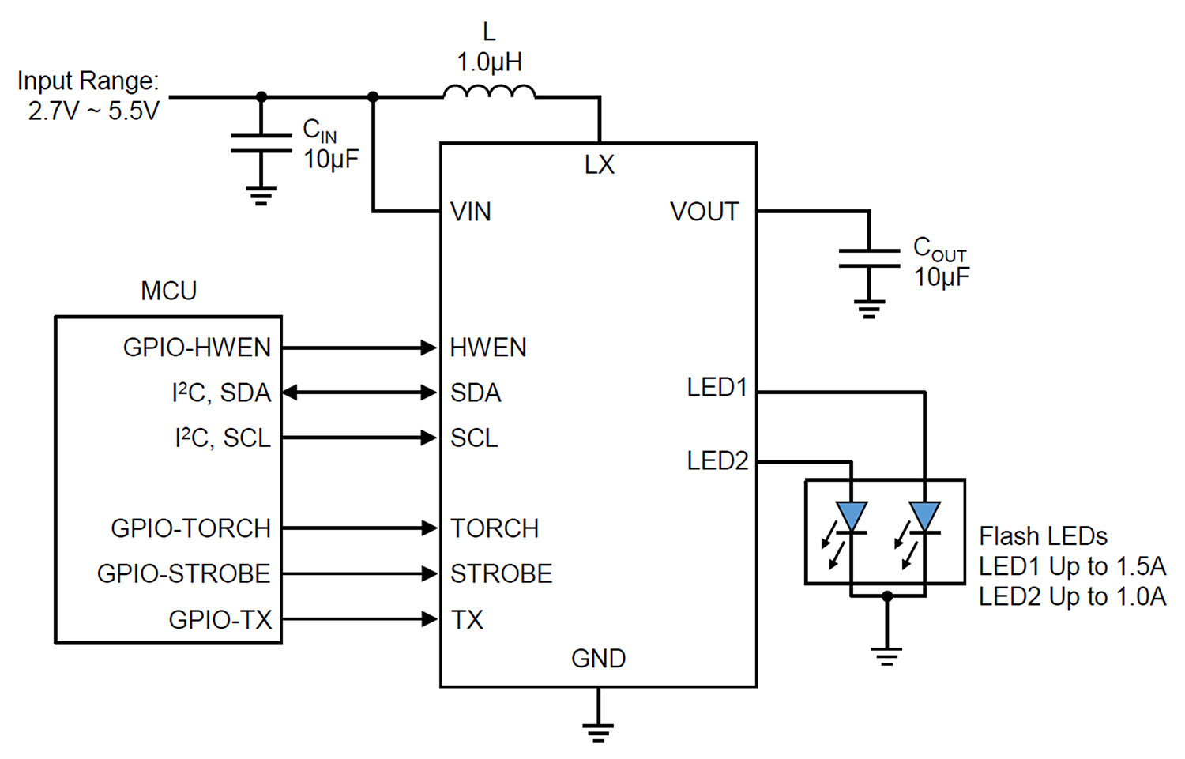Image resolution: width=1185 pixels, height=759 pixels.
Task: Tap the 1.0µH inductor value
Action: (489, 62)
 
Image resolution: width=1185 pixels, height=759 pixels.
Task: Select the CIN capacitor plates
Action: (261, 143)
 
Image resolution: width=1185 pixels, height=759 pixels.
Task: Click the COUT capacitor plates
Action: (869, 258)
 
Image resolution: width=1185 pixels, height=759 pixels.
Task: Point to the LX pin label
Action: (600, 164)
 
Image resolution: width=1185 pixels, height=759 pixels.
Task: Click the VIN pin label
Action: (471, 212)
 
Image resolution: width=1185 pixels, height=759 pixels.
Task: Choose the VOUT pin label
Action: (704, 212)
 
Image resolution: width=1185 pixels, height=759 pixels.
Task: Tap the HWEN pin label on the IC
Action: (488, 348)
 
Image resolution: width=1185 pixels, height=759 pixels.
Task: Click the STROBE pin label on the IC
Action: (502, 574)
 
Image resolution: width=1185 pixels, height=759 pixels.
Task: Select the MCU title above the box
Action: (169, 291)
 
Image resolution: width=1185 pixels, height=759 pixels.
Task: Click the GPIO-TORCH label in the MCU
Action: (191, 528)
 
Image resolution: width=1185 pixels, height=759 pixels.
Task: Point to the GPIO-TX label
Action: (220, 619)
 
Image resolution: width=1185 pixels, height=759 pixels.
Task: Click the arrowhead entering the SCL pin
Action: (429, 438)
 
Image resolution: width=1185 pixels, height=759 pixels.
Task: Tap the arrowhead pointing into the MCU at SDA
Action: (290, 393)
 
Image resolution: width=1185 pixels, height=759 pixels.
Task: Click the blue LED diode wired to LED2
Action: (852, 517)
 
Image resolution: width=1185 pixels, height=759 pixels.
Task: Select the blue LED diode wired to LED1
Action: (925, 517)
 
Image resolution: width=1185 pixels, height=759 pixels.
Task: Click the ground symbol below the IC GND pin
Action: (598, 733)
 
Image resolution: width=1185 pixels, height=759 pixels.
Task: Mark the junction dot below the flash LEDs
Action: (887, 596)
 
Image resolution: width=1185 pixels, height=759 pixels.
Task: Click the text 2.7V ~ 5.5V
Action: (94, 111)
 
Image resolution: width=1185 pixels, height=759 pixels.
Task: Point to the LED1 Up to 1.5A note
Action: (1072, 566)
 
